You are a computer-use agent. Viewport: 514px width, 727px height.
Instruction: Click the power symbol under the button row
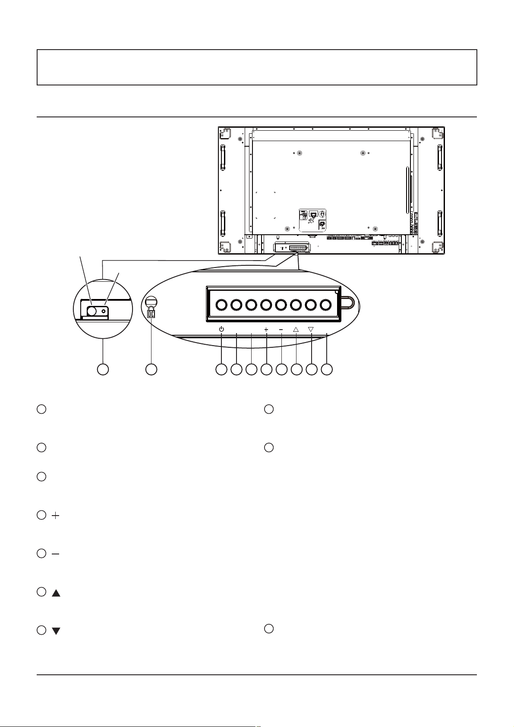pos(221,329)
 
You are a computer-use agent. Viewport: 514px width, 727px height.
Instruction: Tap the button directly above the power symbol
pos(221,305)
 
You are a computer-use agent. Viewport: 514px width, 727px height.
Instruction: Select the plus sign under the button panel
pos(266,330)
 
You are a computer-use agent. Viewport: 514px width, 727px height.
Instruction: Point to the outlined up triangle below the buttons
pos(296,329)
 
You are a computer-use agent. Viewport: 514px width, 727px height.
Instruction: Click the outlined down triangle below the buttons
pos(311,329)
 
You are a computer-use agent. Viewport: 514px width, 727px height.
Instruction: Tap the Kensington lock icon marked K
pos(151,314)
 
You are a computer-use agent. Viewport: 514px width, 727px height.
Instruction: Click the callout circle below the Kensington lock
pos(151,369)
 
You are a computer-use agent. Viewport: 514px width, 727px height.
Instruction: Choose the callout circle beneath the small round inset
pos(102,369)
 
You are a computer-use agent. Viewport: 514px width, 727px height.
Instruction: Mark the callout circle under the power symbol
pos(221,369)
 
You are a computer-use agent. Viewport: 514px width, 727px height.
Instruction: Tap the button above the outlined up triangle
pos(296,305)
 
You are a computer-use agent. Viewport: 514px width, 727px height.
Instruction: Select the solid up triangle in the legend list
pos(56,594)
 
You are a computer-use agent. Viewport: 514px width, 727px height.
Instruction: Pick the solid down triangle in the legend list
pos(56,631)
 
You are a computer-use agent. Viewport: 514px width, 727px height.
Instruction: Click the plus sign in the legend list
pos(56,516)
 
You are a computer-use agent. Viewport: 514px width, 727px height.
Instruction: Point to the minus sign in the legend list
pos(56,554)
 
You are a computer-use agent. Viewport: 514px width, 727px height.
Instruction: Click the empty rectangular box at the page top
pos(257,67)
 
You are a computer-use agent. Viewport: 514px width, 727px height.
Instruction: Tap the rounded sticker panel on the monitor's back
pos(312,220)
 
